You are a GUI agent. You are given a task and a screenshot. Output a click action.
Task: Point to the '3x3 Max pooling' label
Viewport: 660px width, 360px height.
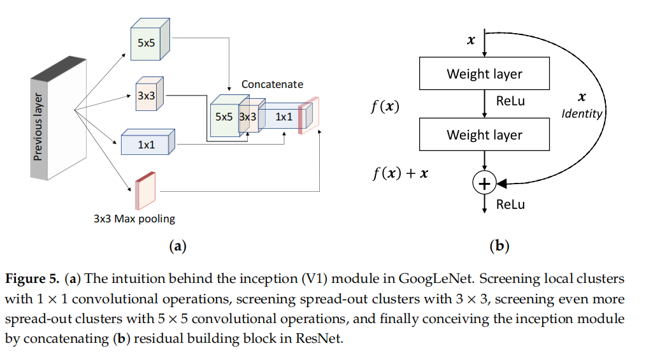134,219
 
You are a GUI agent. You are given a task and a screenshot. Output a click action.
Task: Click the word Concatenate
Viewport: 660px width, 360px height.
272,84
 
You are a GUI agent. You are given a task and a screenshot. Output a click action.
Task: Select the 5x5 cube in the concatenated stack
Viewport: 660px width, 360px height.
224,117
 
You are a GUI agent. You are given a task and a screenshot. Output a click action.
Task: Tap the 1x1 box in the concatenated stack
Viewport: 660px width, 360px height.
284,117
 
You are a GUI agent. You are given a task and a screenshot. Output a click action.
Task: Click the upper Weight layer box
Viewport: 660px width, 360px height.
484,73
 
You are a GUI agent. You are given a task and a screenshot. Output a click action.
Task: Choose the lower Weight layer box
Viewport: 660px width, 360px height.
484,134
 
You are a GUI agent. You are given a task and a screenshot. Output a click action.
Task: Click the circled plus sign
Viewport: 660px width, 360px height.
484,184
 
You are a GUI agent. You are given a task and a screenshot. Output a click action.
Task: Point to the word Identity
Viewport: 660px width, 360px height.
582,113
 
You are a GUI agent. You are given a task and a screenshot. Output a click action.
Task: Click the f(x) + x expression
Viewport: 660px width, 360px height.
399,173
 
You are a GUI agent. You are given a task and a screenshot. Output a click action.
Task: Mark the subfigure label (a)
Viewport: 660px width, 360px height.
176,246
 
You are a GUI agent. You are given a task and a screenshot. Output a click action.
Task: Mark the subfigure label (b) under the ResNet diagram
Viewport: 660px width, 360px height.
499,246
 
